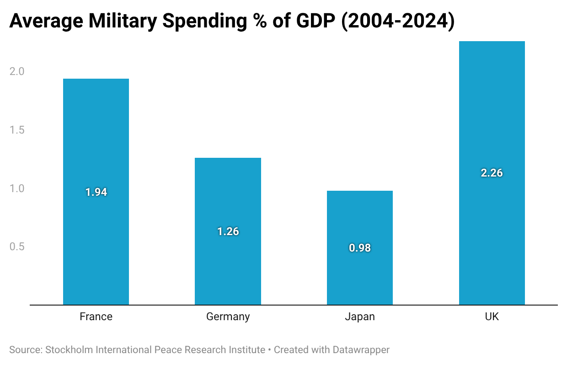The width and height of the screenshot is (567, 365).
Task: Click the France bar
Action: pyautogui.click(x=96, y=192)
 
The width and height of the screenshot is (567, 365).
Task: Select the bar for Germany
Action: pyautogui.click(x=228, y=231)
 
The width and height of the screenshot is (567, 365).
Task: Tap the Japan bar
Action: pyautogui.click(x=360, y=248)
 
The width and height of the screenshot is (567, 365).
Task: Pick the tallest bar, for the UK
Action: pyautogui.click(x=492, y=173)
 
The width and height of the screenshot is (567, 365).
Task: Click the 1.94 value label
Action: pyautogui.click(x=96, y=192)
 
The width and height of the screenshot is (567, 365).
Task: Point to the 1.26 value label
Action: pyautogui.click(x=228, y=231)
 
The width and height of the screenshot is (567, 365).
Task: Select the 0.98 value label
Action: pyautogui.click(x=360, y=248)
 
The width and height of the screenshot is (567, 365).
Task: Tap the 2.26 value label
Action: pyautogui.click(x=492, y=173)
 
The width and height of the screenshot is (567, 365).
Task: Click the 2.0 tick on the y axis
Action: pyautogui.click(x=17, y=71)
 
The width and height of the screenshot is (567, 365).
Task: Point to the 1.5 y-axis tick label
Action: pyautogui.click(x=17, y=130)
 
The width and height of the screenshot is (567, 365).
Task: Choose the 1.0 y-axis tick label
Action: pyautogui.click(x=17, y=188)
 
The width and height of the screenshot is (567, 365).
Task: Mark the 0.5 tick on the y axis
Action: pyautogui.click(x=17, y=247)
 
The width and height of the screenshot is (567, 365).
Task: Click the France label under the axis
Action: pyautogui.click(x=96, y=317)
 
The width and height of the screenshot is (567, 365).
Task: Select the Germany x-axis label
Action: pyautogui.click(x=228, y=317)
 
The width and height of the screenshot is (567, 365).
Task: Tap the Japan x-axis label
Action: pyautogui.click(x=360, y=317)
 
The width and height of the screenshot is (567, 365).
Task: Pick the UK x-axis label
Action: pyautogui.click(x=492, y=317)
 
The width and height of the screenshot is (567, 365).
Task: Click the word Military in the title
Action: pyautogui.click(x=123, y=21)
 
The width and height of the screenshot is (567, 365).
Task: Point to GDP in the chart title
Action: pyautogui.click(x=316, y=21)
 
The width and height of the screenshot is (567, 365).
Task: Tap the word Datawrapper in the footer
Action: pyautogui.click(x=361, y=350)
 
